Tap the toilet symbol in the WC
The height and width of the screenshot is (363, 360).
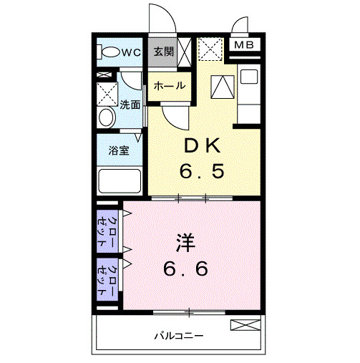pos(110,52)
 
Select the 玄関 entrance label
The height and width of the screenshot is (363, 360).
pos(163,52)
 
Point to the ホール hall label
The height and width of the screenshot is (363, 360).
pos(170,86)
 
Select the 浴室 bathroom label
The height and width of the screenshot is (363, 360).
pos(118,151)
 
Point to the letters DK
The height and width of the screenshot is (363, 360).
pos(204,145)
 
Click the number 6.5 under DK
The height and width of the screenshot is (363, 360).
pos(204,172)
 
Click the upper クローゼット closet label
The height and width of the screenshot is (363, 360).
pos(107,228)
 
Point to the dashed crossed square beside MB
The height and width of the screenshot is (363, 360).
pos(210,49)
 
